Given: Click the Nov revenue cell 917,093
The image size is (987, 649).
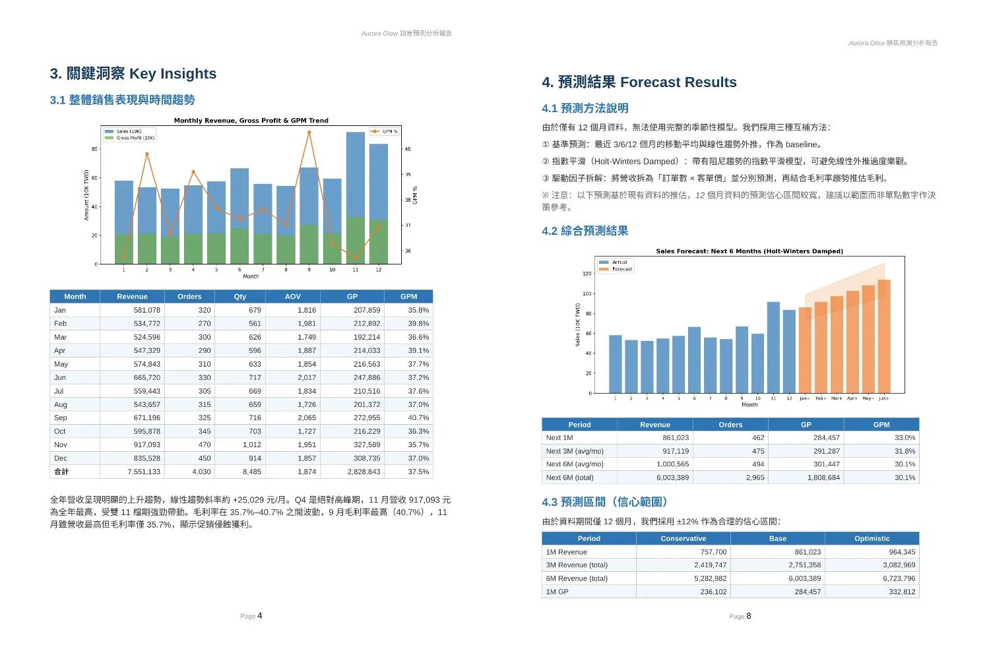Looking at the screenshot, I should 146,445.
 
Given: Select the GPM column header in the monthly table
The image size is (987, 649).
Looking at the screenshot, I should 408,297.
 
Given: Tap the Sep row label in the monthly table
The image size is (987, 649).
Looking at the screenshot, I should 61,418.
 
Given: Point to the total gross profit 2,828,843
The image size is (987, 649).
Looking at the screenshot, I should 364,472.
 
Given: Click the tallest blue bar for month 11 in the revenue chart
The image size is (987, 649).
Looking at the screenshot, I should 356,175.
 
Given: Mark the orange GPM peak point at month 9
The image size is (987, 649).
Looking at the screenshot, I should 309,133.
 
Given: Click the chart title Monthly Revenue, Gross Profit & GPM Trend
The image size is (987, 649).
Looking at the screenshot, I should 251,121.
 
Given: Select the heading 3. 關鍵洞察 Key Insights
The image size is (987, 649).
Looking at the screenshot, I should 133,74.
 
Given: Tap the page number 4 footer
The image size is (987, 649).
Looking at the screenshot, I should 259,616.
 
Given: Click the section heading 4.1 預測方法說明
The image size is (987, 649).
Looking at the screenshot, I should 585,108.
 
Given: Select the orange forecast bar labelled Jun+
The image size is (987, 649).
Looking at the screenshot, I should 884,336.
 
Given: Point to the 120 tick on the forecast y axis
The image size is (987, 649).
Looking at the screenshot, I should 587,274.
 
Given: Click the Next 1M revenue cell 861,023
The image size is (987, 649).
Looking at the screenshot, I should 675,438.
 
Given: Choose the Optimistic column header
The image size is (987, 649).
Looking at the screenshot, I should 872,539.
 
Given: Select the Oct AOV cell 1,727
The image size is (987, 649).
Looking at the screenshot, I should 306,431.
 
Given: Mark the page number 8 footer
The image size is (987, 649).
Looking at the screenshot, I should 748,616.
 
